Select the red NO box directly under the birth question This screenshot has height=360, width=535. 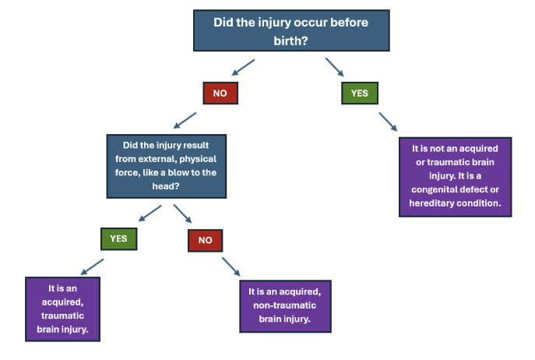[x=220, y=93]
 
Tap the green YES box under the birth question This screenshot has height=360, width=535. [x=359, y=93]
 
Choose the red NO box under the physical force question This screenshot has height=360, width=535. [x=205, y=239]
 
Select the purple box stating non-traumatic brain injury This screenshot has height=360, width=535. [x=290, y=305]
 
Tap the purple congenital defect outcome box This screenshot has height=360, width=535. [x=455, y=177]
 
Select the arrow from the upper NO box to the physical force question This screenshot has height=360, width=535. [x=185, y=118]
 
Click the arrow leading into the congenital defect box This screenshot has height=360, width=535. [x=389, y=122]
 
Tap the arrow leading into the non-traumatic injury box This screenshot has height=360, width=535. [x=231, y=266]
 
